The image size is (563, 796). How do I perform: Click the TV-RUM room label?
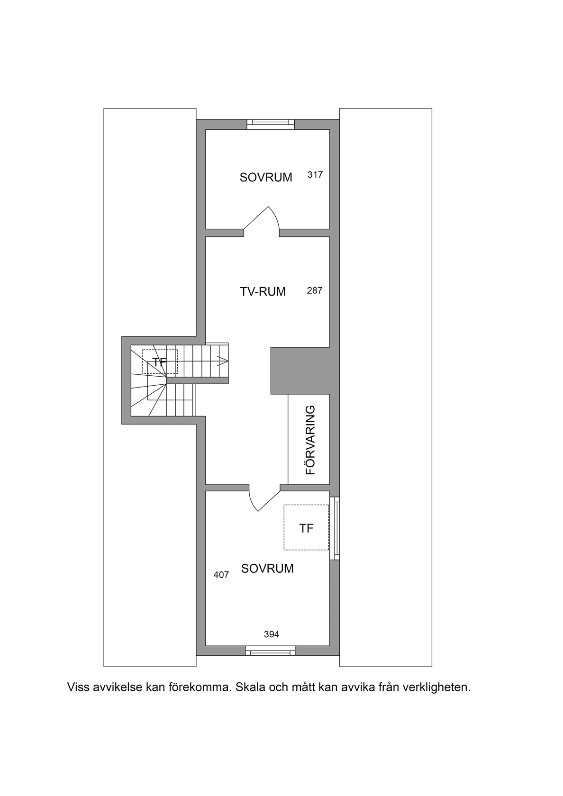point(263,292)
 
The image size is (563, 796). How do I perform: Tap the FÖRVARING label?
point(310,440)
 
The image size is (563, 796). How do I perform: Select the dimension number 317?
point(315,174)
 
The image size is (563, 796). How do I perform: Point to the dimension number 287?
point(315,291)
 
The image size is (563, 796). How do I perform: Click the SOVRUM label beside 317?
point(266,177)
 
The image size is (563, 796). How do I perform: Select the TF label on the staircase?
point(160,362)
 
